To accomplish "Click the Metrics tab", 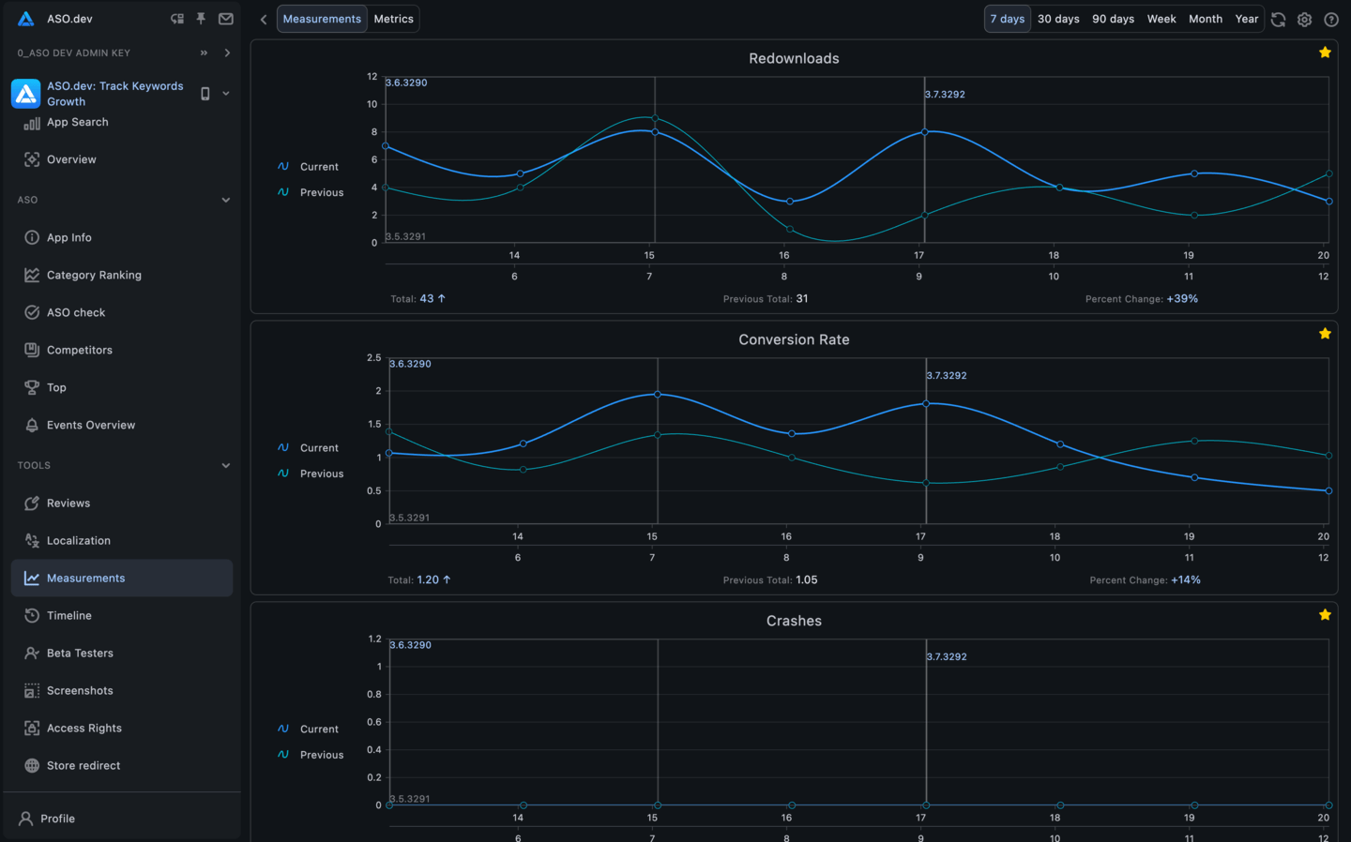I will pyautogui.click(x=393, y=19).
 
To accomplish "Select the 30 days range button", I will pyautogui.click(x=1057, y=19).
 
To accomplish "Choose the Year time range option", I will pyautogui.click(x=1246, y=19).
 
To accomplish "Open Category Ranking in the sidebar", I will pyautogui.click(x=94, y=275).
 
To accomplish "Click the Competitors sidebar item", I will pyautogui.click(x=79, y=350).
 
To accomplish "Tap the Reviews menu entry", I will pyautogui.click(x=68, y=504).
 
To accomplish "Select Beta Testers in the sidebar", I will pyautogui.click(x=80, y=654).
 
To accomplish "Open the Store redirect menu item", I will pyautogui.click(x=83, y=766).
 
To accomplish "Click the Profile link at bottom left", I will pyautogui.click(x=57, y=819).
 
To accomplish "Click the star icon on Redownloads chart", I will pyautogui.click(x=1325, y=53).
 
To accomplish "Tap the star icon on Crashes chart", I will pyautogui.click(x=1325, y=615).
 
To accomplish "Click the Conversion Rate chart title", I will pyautogui.click(x=794, y=339).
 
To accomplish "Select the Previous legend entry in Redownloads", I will pyautogui.click(x=321, y=192).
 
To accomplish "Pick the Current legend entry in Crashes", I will pyautogui.click(x=319, y=729).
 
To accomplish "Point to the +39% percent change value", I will pyautogui.click(x=1182, y=299).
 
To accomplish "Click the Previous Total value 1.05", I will pyautogui.click(x=806, y=580).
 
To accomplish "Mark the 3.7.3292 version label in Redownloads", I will pyautogui.click(x=945, y=95).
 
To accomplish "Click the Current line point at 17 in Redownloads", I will pyautogui.click(x=925, y=132).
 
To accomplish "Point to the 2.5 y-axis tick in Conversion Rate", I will pyautogui.click(x=373, y=358).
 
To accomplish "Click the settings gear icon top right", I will pyautogui.click(x=1304, y=20).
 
